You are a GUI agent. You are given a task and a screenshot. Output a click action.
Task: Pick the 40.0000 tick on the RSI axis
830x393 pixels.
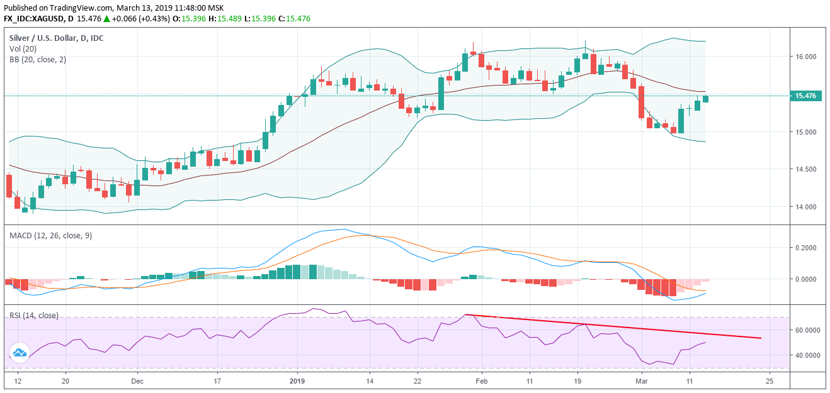807,355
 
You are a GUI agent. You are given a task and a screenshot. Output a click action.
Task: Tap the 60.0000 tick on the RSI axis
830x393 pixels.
807,330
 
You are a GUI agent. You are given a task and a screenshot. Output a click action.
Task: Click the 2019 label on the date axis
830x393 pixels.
297,381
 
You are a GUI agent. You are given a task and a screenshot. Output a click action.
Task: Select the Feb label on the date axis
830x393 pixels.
482,381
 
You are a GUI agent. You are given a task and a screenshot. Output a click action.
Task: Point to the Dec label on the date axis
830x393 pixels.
137,381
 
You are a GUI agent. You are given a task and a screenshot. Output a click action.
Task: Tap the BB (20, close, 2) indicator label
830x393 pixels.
38,60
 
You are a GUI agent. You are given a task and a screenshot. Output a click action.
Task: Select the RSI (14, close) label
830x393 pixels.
33,315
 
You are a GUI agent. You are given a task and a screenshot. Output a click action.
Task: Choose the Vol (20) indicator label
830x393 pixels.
24,49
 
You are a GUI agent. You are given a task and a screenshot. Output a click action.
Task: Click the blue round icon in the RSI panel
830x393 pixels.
19,353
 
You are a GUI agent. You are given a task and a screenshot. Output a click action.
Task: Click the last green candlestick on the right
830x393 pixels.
705,99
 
